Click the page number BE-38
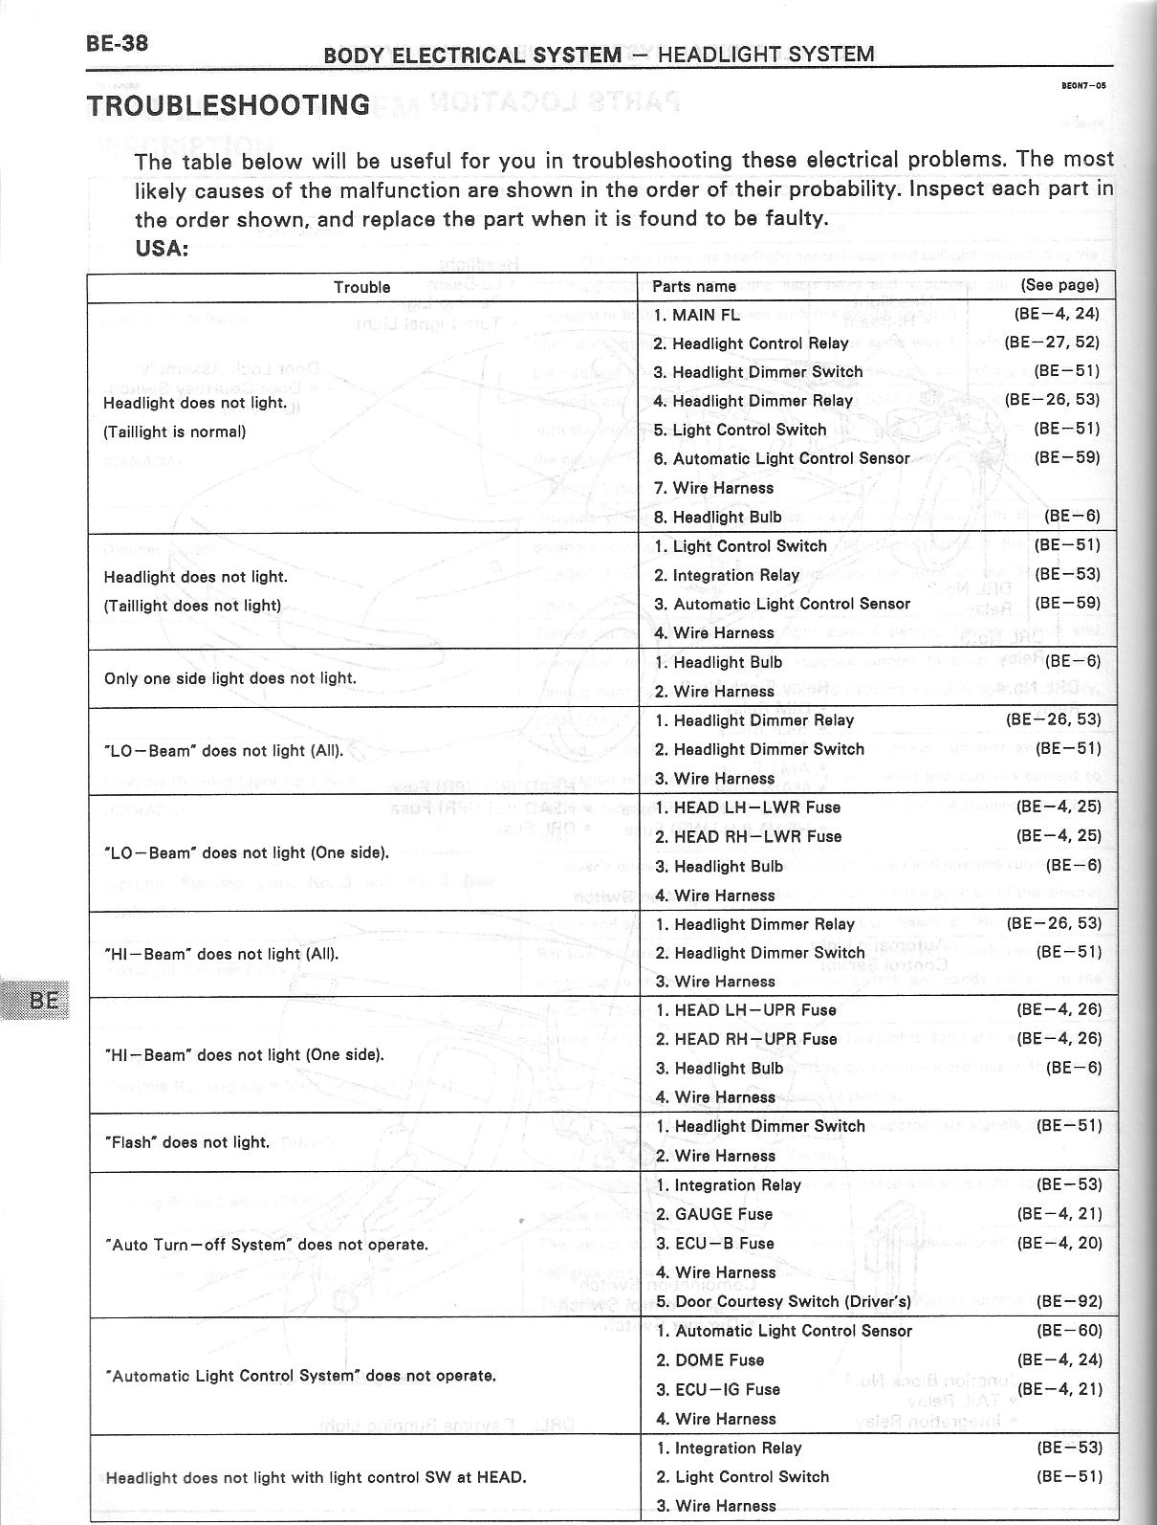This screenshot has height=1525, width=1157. point(117,44)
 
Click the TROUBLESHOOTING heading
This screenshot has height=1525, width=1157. point(229,104)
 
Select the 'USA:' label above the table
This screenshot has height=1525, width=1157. point(162,249)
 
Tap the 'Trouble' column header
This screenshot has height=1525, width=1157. point(361,287)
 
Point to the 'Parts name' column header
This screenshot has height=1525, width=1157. point(694,286)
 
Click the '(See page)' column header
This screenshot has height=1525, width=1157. point(1059,285)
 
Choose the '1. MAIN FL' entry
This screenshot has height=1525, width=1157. point(697,315)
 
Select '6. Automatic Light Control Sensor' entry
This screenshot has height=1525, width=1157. point(781,459)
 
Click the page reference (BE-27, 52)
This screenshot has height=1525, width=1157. point(1052,343)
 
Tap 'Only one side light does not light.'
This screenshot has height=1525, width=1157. point(229,678)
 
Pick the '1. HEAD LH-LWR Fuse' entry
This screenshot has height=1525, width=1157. point(748,807)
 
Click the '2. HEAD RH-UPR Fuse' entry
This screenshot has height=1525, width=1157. point(746,1039)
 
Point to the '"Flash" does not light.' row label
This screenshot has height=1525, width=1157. point(187,1142)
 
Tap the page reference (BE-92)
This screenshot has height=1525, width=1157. point(1069,1301)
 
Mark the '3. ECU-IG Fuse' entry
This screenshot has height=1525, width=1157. point(718,1389)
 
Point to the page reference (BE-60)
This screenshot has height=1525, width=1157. point(1069,1331)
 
